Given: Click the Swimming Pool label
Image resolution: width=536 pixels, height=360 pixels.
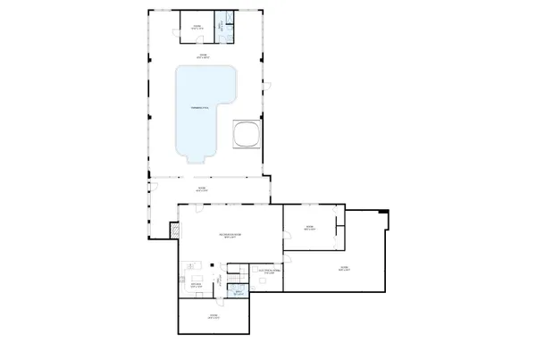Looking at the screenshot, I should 199,108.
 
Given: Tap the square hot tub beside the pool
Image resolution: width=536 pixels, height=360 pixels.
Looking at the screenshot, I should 246,134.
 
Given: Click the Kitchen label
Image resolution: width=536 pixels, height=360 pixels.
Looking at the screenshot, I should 196,286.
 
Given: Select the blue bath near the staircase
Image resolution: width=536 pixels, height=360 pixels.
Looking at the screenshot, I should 238,291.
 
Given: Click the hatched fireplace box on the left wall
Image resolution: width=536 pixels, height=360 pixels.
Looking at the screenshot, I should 174,230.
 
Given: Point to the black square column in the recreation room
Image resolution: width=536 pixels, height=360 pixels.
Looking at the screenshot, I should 211,264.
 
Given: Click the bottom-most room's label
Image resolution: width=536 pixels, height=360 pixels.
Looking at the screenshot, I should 214,316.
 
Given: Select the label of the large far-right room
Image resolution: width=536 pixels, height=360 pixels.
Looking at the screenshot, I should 343,268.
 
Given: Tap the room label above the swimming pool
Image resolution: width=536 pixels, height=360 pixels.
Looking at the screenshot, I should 203,54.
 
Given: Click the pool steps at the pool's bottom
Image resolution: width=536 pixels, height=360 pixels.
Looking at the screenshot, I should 197,159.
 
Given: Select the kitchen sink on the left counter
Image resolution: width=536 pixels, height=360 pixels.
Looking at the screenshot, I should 188,266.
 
